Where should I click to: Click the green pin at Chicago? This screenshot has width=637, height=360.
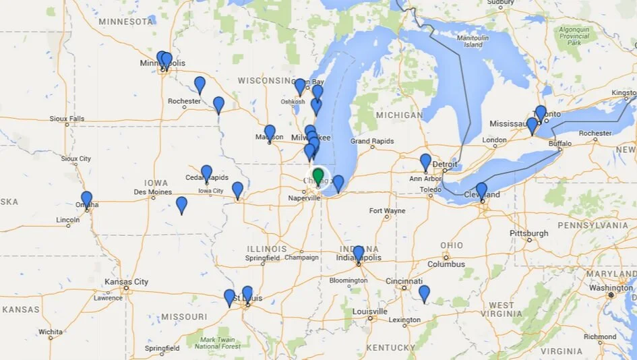pyautogui.click(x=318, y=177)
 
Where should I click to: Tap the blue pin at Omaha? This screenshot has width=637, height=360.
pyautogui.click(x=86, y=199)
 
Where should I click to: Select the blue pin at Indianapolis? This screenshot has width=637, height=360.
pyautogui.click(x=359, y=253)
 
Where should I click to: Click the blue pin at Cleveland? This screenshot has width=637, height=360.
pyautogui.click(x=481, y=190)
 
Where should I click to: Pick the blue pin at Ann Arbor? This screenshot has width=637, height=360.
pyautogui.click(x=425, y=161)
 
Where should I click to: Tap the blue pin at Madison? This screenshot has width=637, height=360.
pyautogui.click(x=270, y=132)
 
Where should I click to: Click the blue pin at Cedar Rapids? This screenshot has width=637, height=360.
pyautogui.click(x=206, y=173)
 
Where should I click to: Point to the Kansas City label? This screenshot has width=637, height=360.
pyautogui.click(x=126, y=282)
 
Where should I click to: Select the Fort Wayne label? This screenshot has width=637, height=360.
pyautogui.click(x=387, y=211)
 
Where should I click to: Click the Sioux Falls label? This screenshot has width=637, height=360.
pyautogui.click(x=67, y=119)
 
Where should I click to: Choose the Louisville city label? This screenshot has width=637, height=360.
pyautogui.click(x=369, y=311)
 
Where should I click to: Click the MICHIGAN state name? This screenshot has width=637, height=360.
pyautogui.click(x=400, y=115)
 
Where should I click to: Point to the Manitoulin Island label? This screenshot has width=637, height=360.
pyautogui.click(x=473, y=41)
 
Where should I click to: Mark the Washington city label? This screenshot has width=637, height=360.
pyautogui.click(x=610, y=288)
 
